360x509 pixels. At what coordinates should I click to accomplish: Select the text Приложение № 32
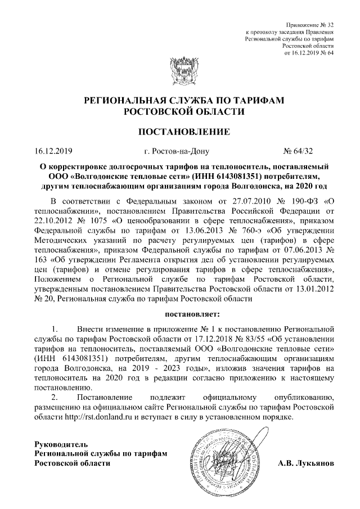coord(310,26)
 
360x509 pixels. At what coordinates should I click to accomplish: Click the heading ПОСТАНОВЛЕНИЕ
coord(180,132)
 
